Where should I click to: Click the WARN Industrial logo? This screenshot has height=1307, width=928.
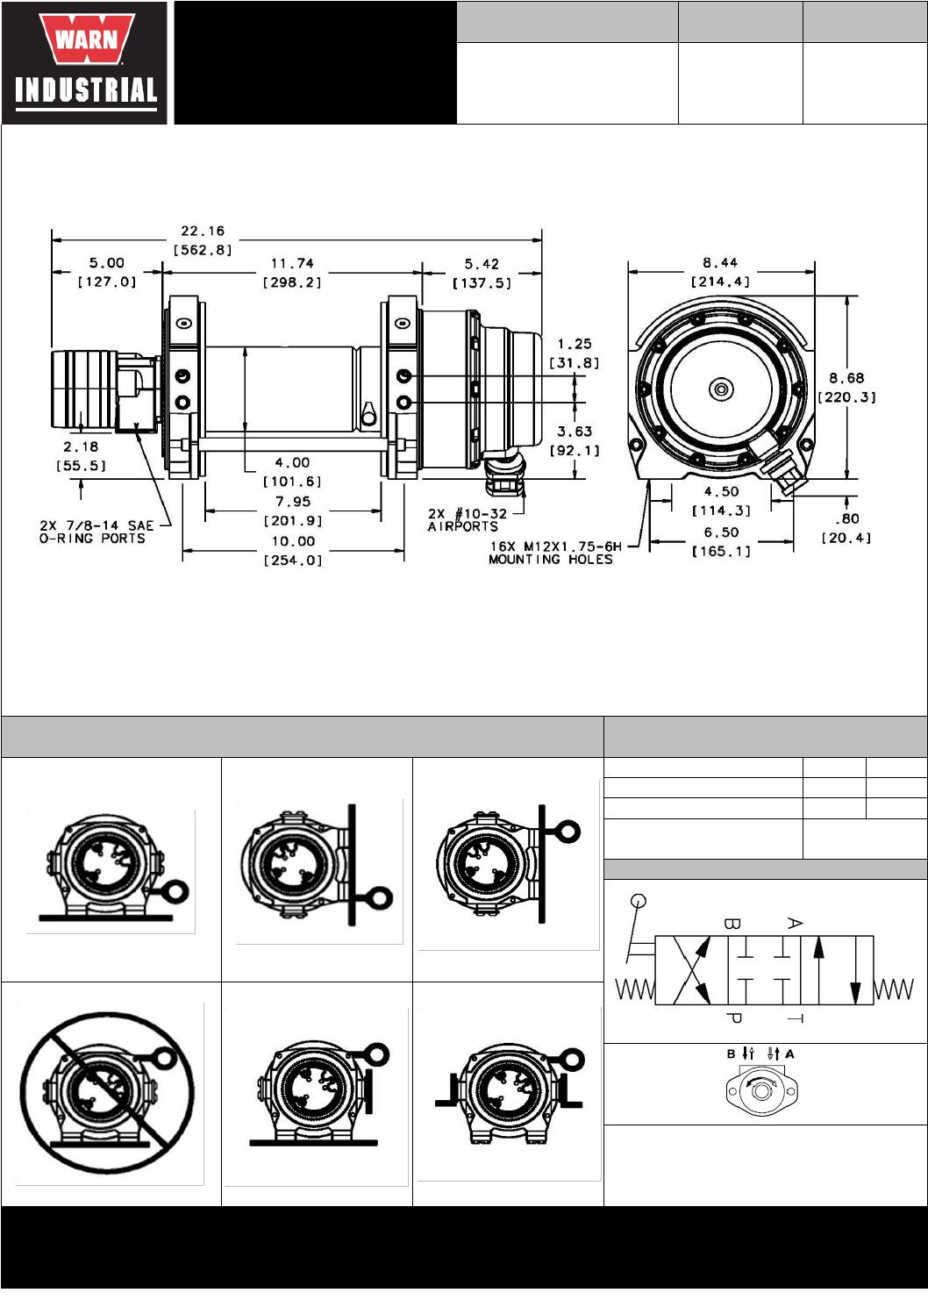(84, 63)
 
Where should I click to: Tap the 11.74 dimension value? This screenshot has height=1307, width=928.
(292, 264)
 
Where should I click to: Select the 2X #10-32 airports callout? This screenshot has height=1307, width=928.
(468, 520)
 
